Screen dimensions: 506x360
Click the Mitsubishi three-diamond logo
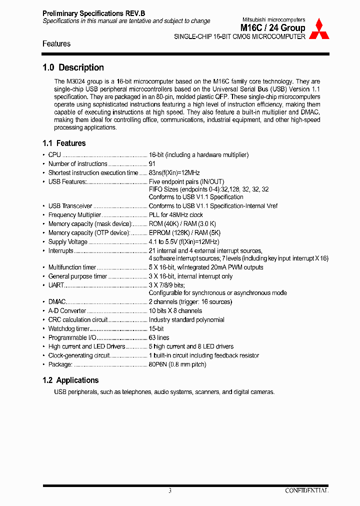318,30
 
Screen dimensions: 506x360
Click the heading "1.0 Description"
73,67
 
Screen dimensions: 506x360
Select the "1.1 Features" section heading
64,143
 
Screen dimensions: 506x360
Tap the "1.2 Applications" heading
70,380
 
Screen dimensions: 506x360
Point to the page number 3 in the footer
170,491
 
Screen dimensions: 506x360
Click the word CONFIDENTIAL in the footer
306,491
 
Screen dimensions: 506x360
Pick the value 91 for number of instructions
152,164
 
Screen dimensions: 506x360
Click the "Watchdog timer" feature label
69,329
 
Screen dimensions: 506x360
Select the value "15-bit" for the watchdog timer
156,329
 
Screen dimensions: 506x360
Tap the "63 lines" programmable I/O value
159,338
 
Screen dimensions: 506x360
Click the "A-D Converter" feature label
67,311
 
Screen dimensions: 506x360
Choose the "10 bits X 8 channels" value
175,311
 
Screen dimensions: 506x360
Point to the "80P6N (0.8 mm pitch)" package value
177,364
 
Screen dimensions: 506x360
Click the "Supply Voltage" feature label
68,242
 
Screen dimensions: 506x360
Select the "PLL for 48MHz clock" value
176,215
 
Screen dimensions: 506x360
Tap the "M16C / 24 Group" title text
273,28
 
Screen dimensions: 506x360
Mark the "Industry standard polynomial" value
186,320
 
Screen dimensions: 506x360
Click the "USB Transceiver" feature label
70,206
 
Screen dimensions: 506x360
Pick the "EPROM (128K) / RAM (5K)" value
184,233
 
